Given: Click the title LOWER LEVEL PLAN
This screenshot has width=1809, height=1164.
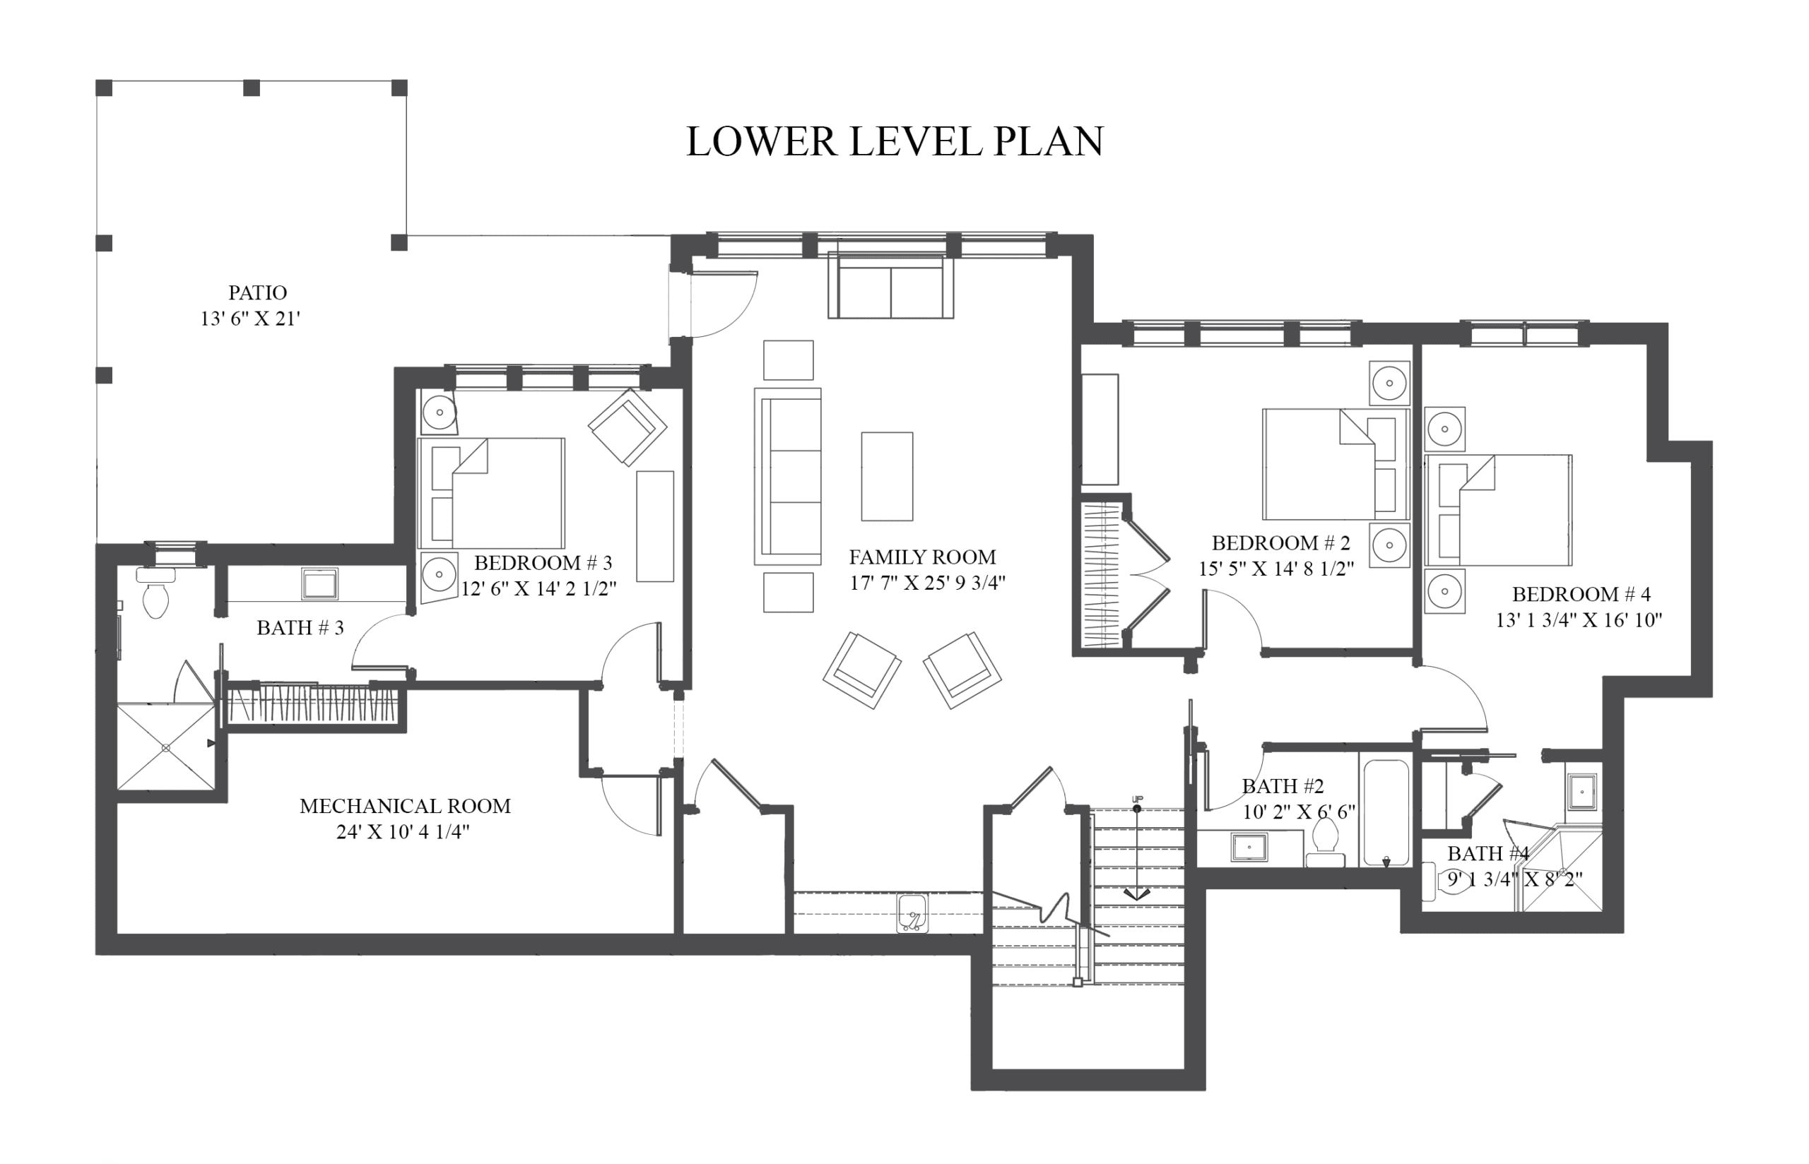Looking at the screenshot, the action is click(895, 141).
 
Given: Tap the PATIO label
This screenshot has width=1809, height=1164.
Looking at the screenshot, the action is click(258, 292).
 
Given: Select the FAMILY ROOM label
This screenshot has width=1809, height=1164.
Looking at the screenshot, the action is click(922, 557).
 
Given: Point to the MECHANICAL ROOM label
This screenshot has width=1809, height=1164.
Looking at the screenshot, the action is click(405, 806).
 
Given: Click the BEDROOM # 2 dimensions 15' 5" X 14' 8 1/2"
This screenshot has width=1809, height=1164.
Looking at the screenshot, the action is click(1277, 569).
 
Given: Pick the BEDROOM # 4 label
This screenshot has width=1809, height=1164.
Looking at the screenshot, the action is click(1581, 594).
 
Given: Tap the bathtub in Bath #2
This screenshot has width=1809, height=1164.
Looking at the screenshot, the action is click(1386, 812).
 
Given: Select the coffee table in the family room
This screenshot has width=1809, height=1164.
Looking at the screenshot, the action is click(887, 476).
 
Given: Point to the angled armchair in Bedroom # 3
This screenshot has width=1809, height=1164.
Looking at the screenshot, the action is click(627, 427).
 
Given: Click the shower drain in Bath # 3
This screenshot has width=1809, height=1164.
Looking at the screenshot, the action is click(166, 747).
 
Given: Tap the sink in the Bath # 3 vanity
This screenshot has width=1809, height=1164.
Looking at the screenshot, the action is click(320, 584).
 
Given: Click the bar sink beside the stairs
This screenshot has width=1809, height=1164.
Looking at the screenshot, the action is click(913, 913).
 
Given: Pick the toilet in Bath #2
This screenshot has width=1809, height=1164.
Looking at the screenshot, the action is click(1325, 843).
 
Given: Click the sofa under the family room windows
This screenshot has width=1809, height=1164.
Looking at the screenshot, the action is click(890, 287).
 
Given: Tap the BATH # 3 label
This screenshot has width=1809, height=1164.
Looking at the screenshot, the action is click(300, 628).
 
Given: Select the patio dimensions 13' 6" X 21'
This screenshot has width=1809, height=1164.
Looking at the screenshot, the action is click(250, 319).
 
